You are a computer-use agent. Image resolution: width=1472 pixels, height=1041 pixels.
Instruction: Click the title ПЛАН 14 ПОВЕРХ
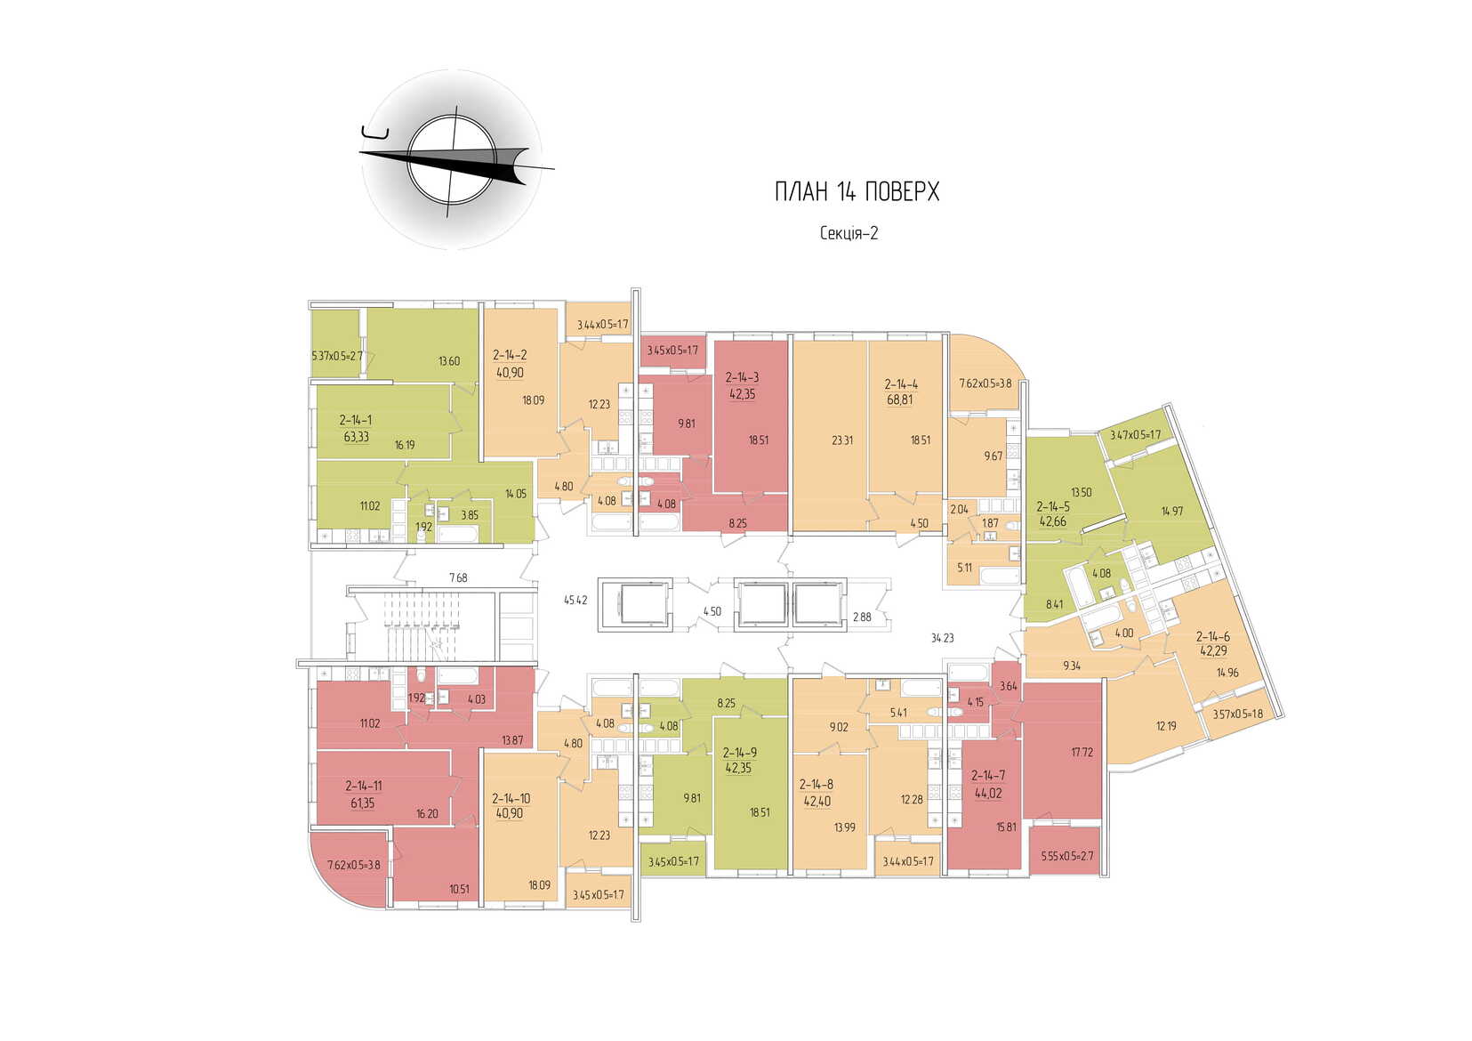[x=857, y=191]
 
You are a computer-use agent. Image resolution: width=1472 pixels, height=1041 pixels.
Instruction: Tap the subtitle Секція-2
[x=849, y=233]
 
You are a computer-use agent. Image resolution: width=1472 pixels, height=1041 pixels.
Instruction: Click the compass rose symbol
[x=452, y=160]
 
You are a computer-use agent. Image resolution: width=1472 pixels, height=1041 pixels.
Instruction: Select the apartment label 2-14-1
[x=356, y=420]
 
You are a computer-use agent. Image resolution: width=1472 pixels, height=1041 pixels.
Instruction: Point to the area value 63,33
[x=356, y=437]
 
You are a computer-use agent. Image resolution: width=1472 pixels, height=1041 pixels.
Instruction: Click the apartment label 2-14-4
[x=900, y=384]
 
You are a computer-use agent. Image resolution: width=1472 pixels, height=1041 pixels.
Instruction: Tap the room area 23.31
[x=841, y=440]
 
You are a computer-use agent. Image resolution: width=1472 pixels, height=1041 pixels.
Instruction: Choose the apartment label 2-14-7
[x=988, y=776]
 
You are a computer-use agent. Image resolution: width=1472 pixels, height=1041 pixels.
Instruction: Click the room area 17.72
[x=1082, y=752]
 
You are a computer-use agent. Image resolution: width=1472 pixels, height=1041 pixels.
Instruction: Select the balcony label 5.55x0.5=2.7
[x=1066, y=856]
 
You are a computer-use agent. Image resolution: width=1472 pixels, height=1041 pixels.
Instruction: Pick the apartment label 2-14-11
[x=363, y=786]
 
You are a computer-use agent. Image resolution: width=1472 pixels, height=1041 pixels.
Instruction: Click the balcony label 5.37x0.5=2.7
[x=337, y=356]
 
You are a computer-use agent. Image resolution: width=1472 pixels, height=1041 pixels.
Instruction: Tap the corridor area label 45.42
[x=575, y=601]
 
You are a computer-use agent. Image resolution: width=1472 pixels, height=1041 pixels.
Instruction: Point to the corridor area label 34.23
[x=942, y=637]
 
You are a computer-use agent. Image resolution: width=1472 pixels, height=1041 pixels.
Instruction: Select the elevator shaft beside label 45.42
[x=632, y=605]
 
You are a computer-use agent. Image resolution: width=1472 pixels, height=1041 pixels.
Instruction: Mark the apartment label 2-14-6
[x=1212, y=636]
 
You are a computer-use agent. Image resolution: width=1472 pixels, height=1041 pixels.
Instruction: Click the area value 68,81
[x=900, y=400]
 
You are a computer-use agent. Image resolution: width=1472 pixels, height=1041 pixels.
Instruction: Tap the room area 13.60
[x=448, y=361]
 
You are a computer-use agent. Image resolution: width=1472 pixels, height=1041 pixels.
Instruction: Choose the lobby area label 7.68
[x=457, y=578]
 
